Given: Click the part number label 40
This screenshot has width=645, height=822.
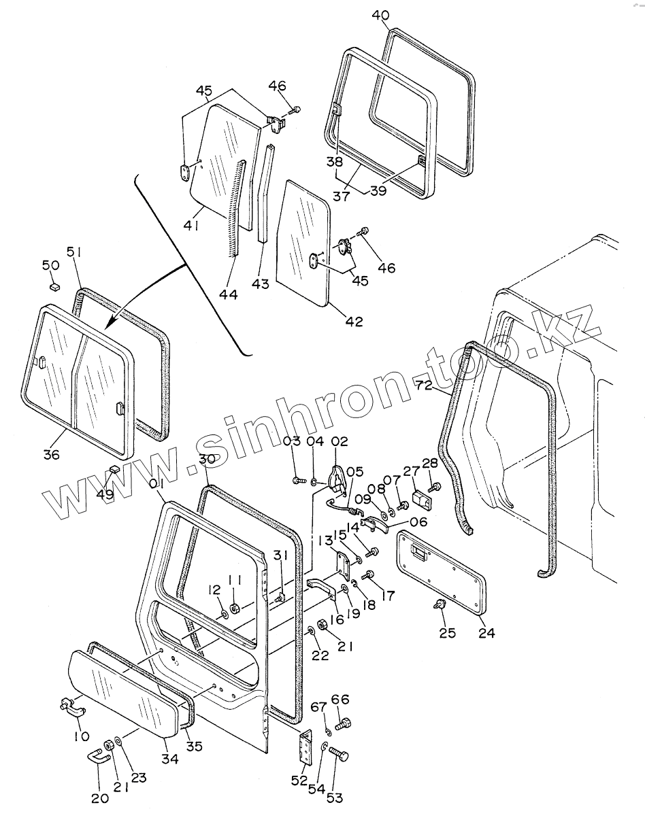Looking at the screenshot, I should pyautogui.click(x=381, y=14).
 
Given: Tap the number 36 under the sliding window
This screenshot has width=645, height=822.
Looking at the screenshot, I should pyautogui.click(x=52, y=455).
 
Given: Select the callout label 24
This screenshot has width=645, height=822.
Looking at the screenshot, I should pyautogui.click(x=486, y=632).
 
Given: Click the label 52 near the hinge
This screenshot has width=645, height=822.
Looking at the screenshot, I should pyautogui.click(x=299, y=781).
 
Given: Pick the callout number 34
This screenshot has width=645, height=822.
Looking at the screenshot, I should pyautogui.click(x=170, y=758).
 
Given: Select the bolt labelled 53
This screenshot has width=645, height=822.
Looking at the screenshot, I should pyautogui.click(x=339, y=755).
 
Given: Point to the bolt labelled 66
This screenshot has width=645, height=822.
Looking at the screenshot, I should pyautogui.click(x=344, y=723).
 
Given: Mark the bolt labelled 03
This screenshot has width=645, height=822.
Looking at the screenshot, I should pyautogui.click(x=297, y=481).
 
